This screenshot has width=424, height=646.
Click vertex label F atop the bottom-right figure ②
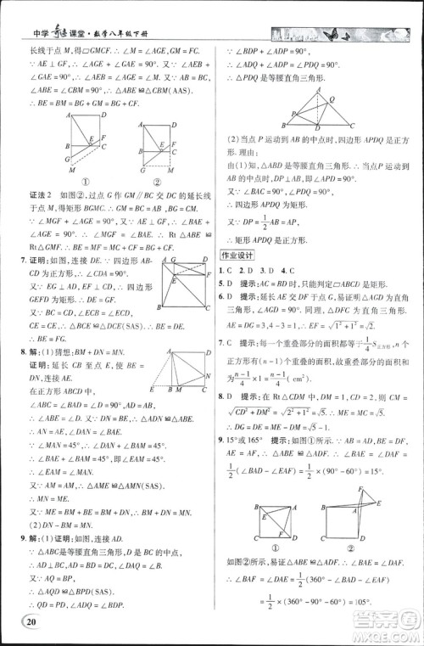coord(368,490)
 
